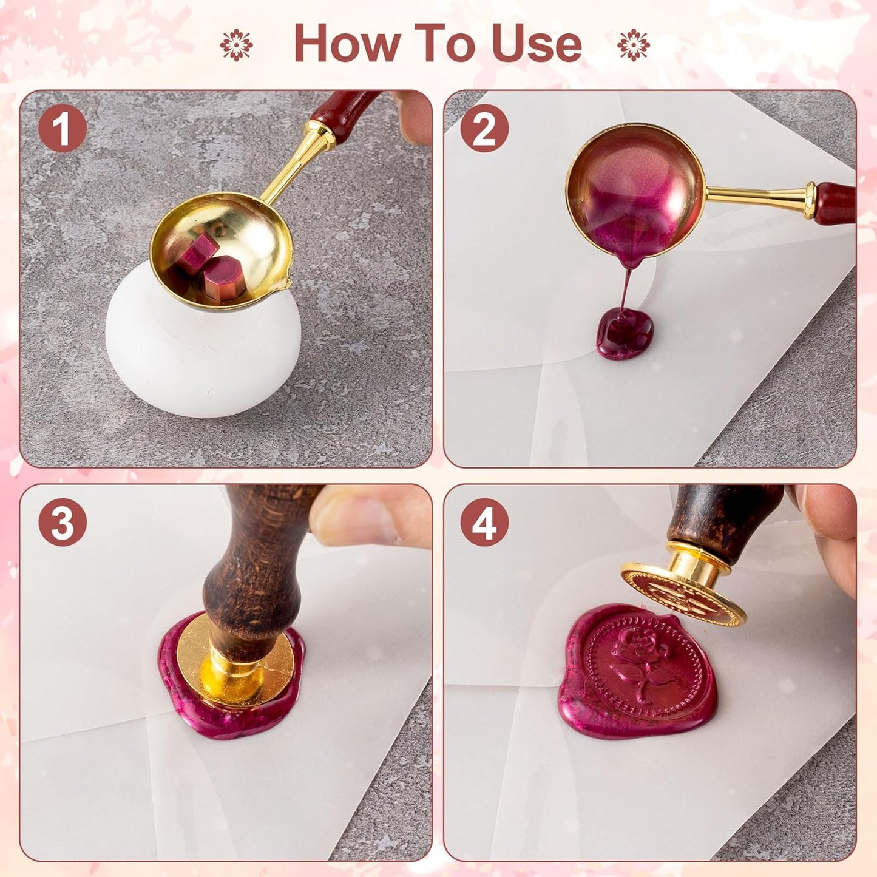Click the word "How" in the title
tap(347, 44)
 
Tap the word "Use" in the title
tap(537, 44)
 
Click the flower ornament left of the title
tap(236, 45)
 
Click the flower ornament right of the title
tap(633, 45)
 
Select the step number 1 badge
tap(63, 128)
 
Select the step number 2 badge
tap(484, 128)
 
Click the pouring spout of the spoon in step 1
tap(283, 283)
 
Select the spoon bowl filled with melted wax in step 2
tap(635, 188)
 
